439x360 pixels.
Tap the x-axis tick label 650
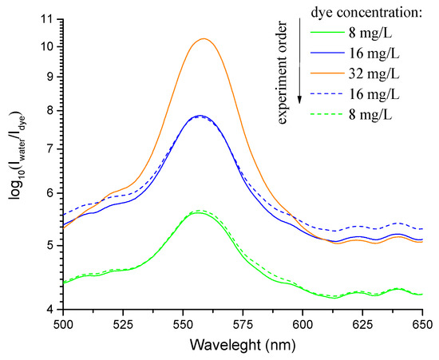click(x=422, y=325)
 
